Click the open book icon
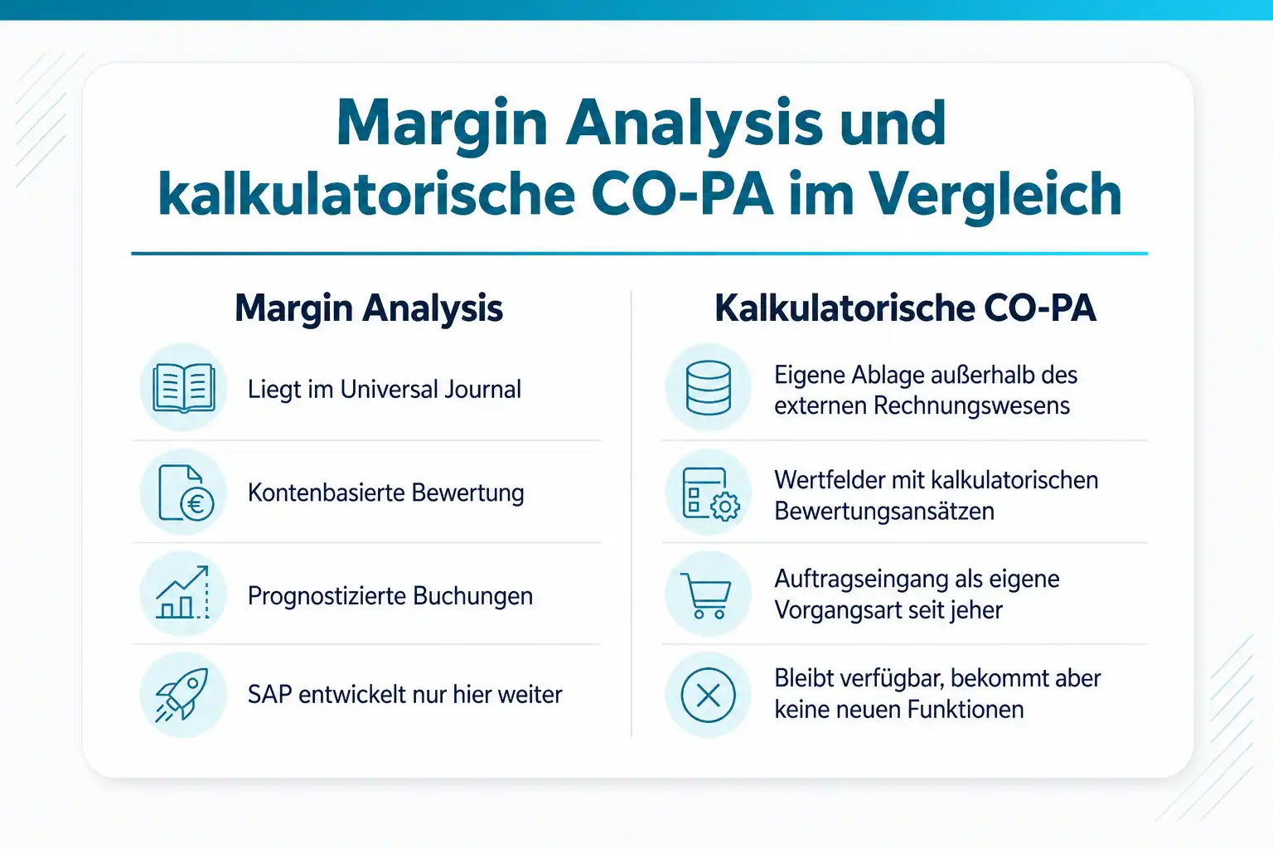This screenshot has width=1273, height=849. point(183,388)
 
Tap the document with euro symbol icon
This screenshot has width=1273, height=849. point(186,492)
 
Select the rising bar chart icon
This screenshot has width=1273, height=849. point(182,593)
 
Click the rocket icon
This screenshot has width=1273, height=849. point(182,694)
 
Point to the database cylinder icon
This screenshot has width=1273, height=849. point(708,388)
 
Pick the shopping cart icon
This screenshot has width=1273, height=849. point(705,595)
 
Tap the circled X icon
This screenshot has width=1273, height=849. point(708,695)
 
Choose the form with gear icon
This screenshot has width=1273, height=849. point(711,493)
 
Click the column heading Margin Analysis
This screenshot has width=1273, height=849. point(369,308)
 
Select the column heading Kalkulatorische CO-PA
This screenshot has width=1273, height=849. point(905,308)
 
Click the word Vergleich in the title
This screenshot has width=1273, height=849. point(995,195)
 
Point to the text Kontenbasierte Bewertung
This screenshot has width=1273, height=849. point(386,493)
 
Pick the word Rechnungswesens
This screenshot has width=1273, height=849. point(971,406)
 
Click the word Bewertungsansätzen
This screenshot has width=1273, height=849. point(884,512)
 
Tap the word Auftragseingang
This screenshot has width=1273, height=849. point(860,580)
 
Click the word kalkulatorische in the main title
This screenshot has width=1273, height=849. point(366,195)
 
